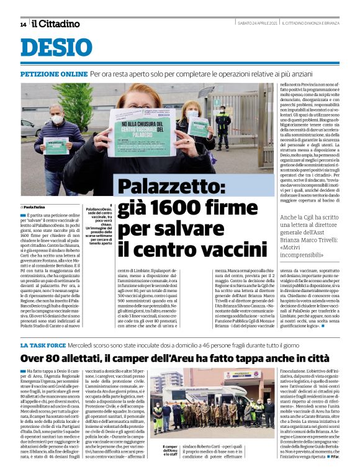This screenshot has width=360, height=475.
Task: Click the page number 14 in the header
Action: pyautogui.click(x=23, y=24)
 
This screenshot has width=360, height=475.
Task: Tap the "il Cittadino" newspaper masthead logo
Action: pyautogui.click(x=56, y=24)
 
